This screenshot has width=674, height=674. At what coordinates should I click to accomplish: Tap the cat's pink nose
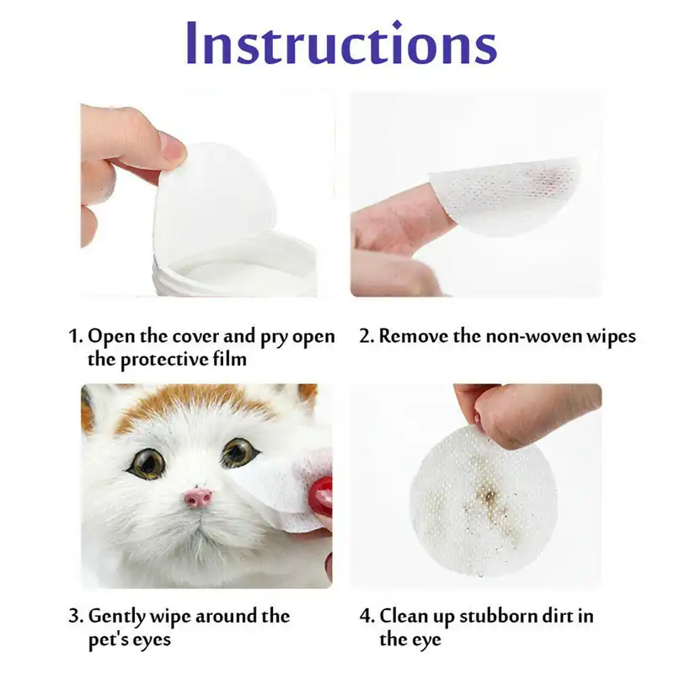click(199, 497)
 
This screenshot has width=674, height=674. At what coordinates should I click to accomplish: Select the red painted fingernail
click(322, 496)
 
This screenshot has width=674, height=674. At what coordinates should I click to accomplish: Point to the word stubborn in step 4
click(487, 616)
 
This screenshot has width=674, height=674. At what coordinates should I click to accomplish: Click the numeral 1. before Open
click(76, 337)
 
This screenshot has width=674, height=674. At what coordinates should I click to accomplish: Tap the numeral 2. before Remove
click(366, 337)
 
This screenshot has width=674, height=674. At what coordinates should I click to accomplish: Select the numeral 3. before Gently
click(76, 616)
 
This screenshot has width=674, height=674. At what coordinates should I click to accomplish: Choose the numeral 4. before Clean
click(366, 616)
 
